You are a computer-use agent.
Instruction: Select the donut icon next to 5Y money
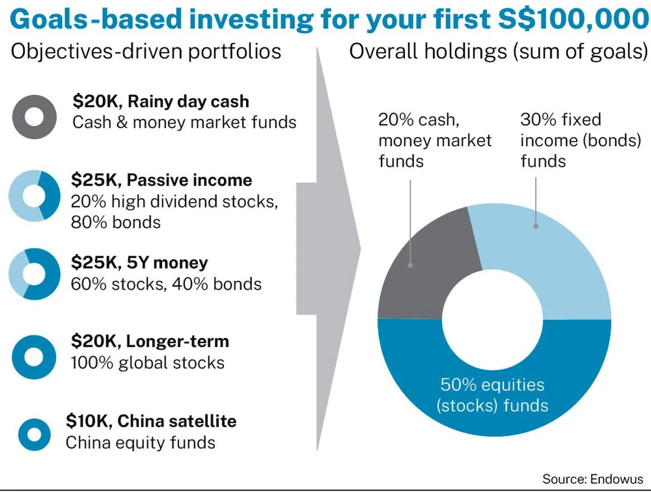click(50, 274)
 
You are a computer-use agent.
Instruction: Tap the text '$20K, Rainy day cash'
click(160, 101)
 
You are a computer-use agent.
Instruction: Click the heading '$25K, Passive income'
click(162, 180)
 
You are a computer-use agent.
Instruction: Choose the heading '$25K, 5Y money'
click(139, 263)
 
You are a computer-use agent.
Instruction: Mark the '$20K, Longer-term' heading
click(150, 341)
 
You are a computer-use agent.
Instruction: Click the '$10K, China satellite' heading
click(151, 421)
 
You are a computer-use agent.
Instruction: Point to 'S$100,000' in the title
click(573, 19)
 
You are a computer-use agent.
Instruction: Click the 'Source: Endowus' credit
click(592, 479)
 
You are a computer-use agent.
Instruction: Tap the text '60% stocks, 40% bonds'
click(166, 284)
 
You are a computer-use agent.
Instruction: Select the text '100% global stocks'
click(147, 362)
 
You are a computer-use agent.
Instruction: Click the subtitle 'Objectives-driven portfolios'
click(146, 51)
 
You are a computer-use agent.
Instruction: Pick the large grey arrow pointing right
click(328, 249)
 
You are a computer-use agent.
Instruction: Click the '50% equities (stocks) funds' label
click(492, 395)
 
